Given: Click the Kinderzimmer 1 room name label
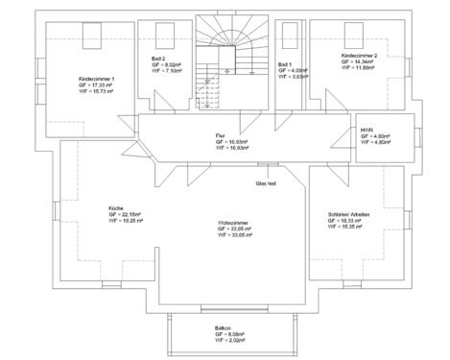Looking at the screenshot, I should click(96, 78).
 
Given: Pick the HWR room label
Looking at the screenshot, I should click(367, 130).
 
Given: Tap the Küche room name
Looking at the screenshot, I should click(116, 206).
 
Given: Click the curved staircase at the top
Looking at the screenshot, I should click(229, 48).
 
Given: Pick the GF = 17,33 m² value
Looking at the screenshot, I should click(97, 84).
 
